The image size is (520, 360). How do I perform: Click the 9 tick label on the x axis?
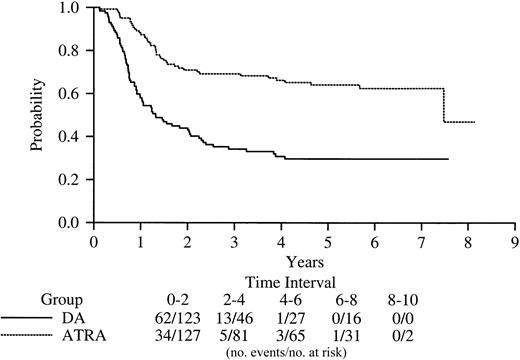tap(515, 241)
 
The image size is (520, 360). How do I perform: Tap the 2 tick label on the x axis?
tap(187, 241)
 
